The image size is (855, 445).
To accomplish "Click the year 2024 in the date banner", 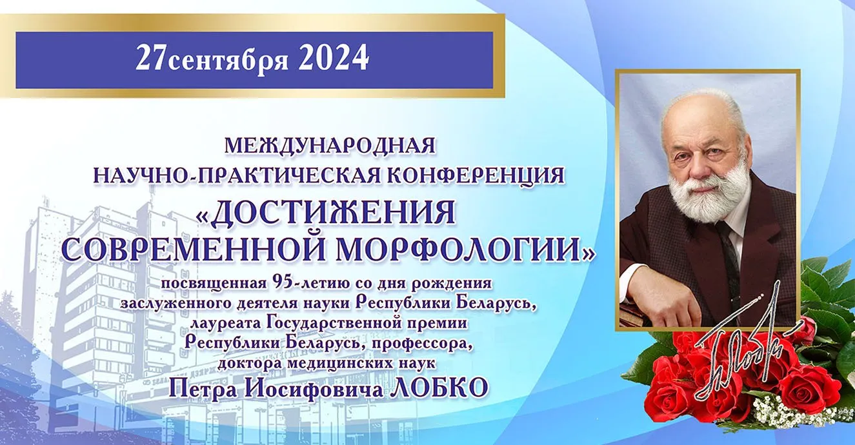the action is [333, 57].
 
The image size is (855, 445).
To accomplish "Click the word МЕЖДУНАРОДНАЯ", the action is [330, 146].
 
